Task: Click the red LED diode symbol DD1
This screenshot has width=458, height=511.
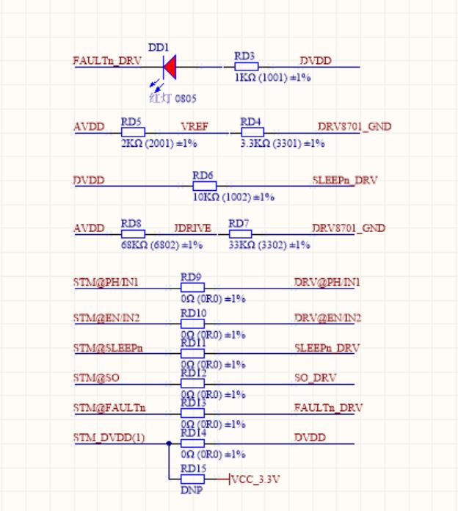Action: [170, 68]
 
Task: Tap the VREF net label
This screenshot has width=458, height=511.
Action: [195, 127]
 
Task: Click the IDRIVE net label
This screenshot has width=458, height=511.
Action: [193, 228]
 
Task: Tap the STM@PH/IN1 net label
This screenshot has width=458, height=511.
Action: [106, 283]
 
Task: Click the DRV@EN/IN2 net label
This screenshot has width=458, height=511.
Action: [327, 318]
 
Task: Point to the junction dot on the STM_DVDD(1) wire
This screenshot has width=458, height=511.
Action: [169, 443]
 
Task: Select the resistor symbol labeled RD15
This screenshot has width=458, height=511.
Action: [192, 479]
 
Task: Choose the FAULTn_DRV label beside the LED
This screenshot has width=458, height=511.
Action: [107, 62]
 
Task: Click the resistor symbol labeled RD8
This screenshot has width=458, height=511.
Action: [133, 234]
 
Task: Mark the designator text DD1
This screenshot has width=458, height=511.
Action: [159, 47]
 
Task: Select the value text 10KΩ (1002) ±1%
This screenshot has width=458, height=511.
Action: [233, 197]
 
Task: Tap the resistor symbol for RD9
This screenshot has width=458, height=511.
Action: [192, 288]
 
